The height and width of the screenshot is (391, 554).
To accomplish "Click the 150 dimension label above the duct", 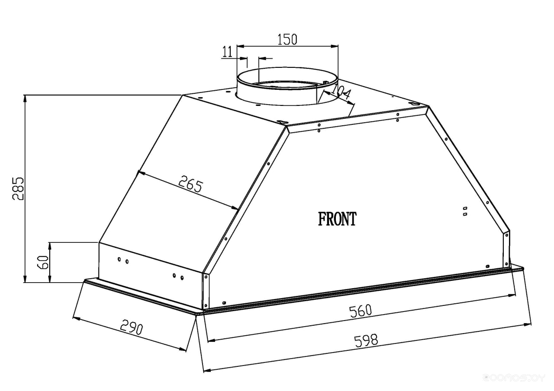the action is pos(287,39).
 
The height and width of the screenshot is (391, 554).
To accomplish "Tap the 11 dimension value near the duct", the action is pos(227,52).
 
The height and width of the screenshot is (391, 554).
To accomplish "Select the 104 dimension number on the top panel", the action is pos(341,92).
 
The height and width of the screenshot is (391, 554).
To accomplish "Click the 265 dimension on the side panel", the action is pos(190,184).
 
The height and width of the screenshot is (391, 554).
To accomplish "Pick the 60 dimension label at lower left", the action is pos(42,262).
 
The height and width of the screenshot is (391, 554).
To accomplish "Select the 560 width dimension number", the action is pos(361,311).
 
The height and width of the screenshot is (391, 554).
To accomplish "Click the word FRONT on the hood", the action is pos(337,219).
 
